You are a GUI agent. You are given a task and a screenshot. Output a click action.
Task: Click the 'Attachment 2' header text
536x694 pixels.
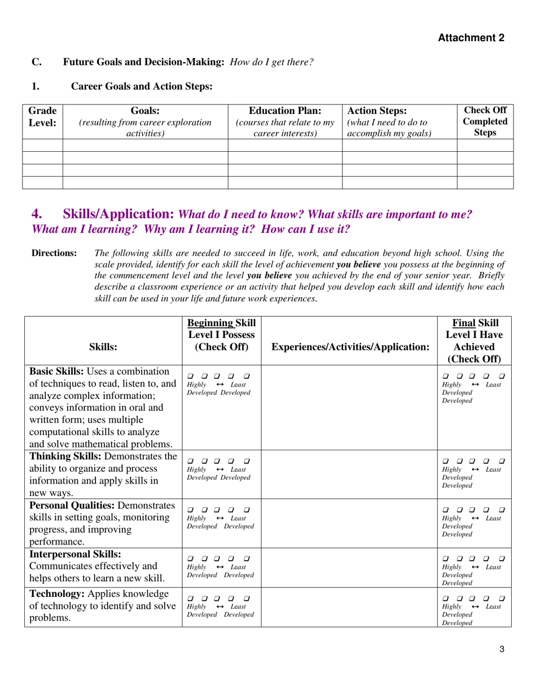point(471,38)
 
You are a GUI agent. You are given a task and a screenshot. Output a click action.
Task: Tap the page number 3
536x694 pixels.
point(502,649)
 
